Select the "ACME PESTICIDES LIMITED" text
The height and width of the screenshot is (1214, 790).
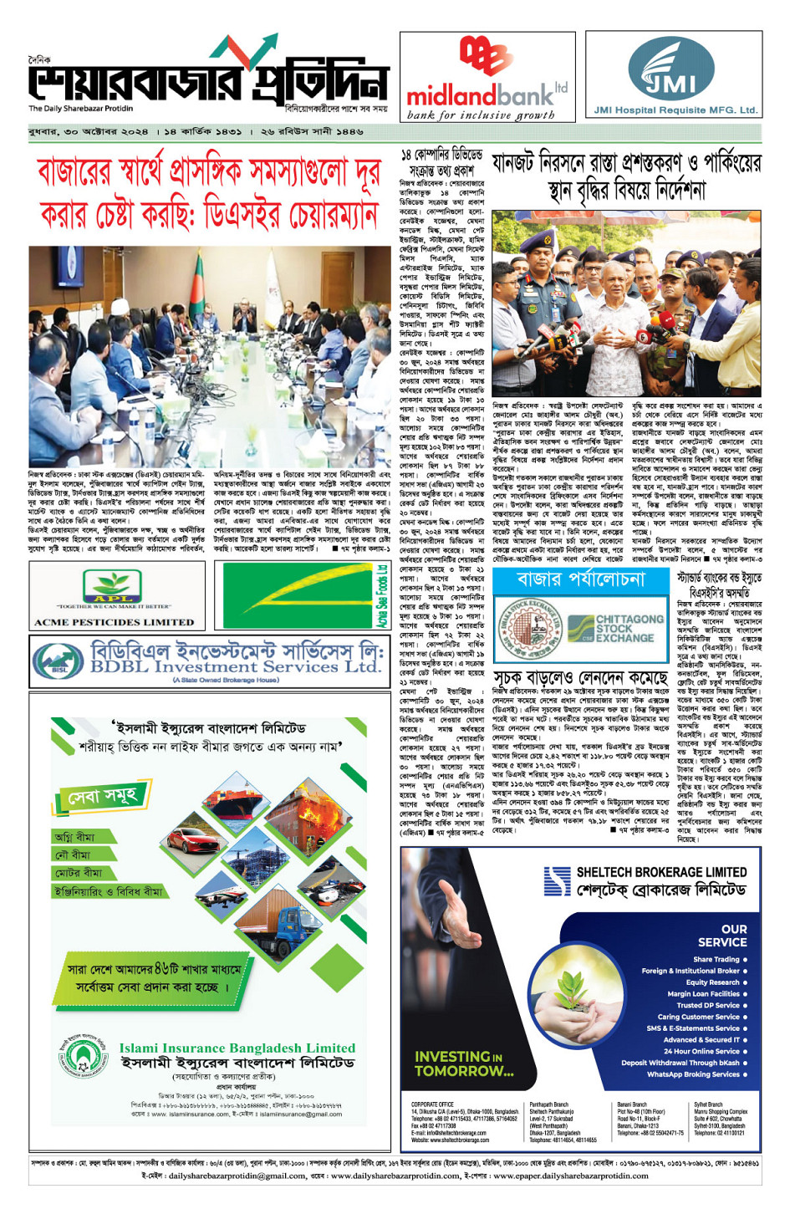tap(114, 622)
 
